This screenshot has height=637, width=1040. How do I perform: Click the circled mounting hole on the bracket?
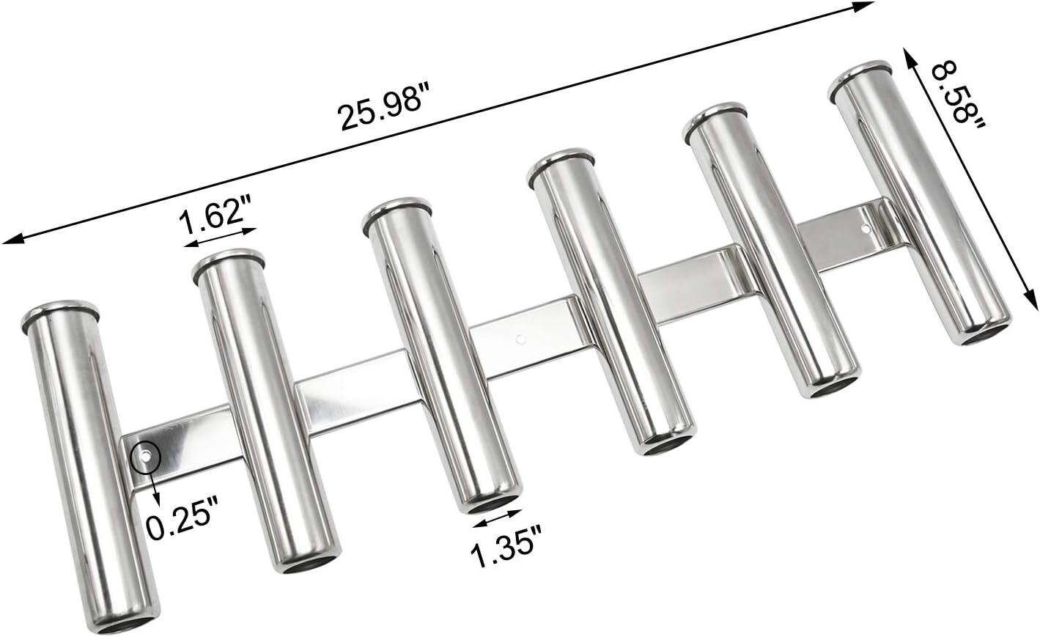coord(144,457)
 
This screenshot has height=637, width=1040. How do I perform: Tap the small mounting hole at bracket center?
coord(520,339)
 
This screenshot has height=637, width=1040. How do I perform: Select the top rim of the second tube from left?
coord(227,262)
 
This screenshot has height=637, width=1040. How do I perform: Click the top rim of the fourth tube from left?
coord(561,163)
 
